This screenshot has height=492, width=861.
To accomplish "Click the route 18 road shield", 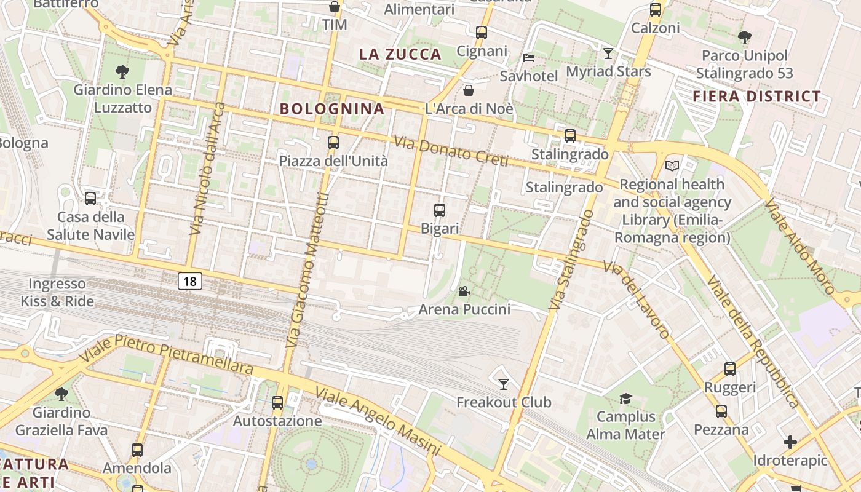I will click(190, 282).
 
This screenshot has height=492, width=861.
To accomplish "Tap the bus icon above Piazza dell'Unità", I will click(333, 143).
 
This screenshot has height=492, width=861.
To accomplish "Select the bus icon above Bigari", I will click(440, 210).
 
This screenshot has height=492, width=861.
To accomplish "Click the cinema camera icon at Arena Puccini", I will click(464, 291).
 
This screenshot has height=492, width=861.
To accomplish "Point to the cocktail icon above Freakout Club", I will click(504, 384).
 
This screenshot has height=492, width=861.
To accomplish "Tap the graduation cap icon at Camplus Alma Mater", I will click(625, 399).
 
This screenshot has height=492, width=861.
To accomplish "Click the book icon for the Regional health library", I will click(672, 166).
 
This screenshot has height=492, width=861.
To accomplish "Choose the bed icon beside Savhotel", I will click(528, 58).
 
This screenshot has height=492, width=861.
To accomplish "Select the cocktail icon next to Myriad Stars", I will click(608, 54).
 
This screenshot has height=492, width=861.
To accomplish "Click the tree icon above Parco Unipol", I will click(744, 38).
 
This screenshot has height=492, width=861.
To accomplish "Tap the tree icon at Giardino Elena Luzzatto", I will click(122, 72).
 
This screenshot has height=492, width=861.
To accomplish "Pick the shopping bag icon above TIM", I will click(335, 7).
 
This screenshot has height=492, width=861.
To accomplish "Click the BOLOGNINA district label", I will click(332, 109).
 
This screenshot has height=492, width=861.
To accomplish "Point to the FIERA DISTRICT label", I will click(757, 97).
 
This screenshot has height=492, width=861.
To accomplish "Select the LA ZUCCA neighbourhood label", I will click(400, 54).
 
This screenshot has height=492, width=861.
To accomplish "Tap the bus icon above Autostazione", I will click(277, 403).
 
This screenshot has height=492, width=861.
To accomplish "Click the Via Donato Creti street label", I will click(451, 152).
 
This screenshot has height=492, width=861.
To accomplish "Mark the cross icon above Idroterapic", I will click(790, 442).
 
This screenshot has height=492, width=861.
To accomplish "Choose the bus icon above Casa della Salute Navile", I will click(90, 199).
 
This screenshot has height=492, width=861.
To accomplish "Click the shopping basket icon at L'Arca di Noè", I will click(469, 91).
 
